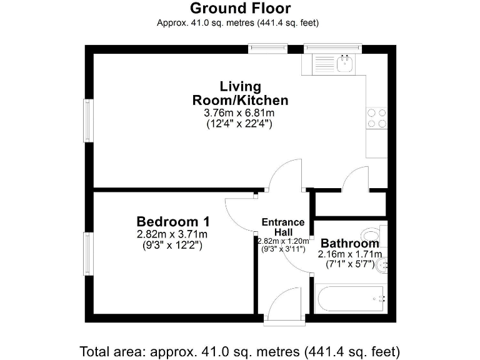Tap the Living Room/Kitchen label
coord(240,93)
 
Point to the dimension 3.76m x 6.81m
coord(239,113)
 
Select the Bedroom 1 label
coord(173,222)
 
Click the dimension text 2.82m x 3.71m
coord(172,234)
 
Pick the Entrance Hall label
coord(282,227)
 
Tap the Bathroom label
coord(349,244)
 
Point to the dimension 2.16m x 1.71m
coord(349,254)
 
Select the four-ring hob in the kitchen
coord(376,118)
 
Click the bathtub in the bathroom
coord(350,299)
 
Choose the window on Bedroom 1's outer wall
coord(89,253)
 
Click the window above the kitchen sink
coord(332,47)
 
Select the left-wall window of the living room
coord(89,120)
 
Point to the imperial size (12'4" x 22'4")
coord(239,124)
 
